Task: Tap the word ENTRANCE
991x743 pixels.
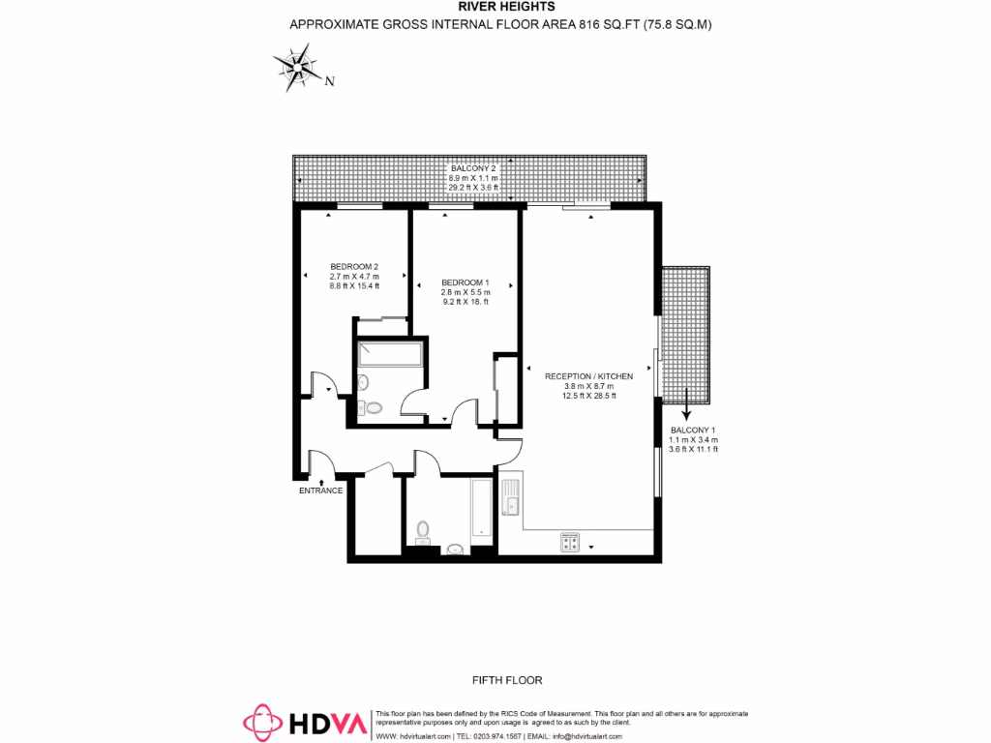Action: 320,490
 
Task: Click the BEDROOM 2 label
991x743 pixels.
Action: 353,267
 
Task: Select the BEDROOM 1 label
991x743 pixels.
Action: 465,282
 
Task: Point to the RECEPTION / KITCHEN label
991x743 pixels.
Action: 588,375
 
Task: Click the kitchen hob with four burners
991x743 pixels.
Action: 569,544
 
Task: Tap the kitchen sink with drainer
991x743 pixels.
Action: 510,498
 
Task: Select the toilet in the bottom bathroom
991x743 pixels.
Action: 423,530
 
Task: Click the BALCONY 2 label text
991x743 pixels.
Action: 472,168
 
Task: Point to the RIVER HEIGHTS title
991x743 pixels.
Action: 500,7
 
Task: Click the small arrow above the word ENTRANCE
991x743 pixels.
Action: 320,478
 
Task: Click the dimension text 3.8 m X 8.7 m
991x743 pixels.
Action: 588,386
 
